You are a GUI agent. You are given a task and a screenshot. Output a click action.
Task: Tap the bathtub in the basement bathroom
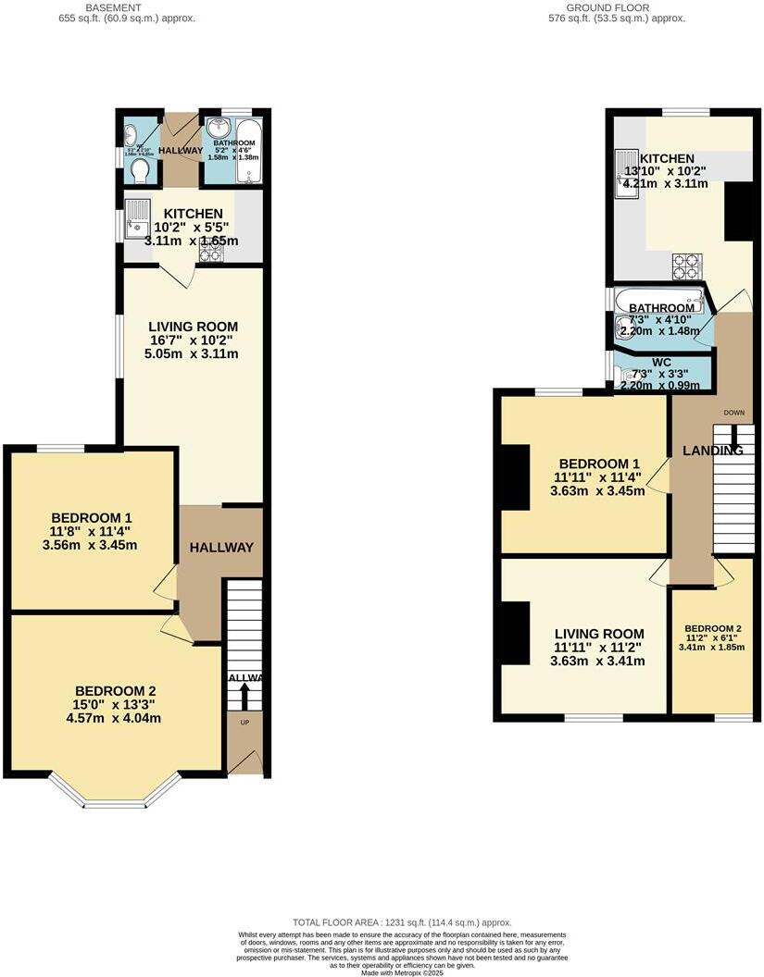click(x=249, y=153)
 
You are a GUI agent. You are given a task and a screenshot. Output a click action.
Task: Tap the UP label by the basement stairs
click(x=244, y=722)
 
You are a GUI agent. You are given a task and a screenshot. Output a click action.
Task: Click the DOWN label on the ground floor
click(x=733, y=412)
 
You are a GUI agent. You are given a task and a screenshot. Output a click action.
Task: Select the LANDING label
click(x=713, y=451)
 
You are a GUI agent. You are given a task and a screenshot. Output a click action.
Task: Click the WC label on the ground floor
click(x=661, y=362)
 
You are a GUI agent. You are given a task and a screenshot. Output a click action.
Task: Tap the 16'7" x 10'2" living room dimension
click(x=193, y=340)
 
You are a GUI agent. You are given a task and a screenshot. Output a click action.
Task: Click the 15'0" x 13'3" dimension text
click(x=115, y=705)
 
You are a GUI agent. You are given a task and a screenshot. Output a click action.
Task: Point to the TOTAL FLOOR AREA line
click(x=402, y=922)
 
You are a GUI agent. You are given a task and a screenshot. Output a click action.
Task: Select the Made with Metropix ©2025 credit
click(x=402, y=971)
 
